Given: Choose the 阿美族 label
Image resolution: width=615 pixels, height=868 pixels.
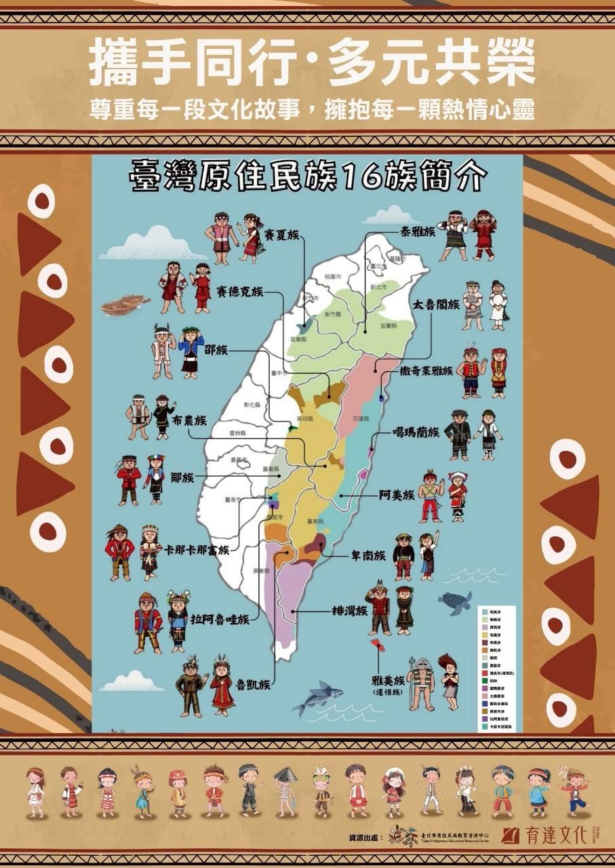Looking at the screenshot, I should click(x=397, y=495).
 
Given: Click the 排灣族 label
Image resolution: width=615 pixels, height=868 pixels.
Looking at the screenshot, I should click(x=350, y=610).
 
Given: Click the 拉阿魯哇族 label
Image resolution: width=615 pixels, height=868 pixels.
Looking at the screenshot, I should click(x=220, y=619).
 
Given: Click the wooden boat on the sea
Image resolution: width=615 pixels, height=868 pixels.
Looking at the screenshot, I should click(x=125, y=304).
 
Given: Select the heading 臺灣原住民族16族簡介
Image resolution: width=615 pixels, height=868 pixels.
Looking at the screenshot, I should click(x=308, y=178).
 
